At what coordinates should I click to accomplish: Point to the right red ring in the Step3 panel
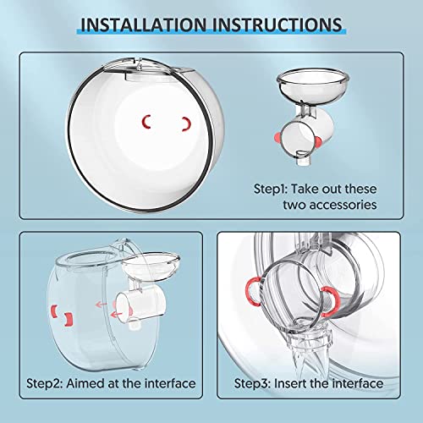(x=331, y=295)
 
